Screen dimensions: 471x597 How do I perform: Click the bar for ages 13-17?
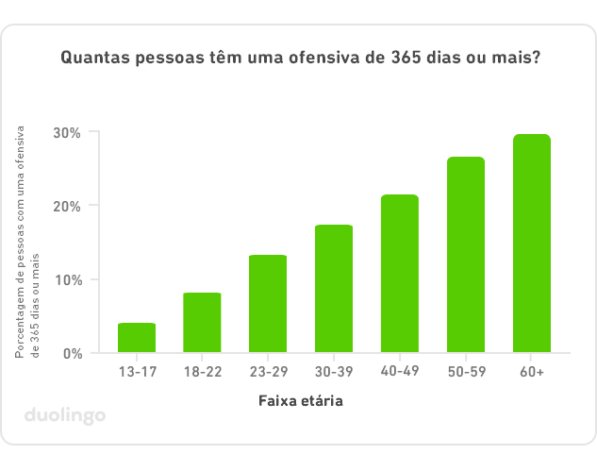pyautogui.click(x=137, y=338)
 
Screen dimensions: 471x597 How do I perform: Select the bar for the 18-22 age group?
pyautogui.click(x=202, y=323)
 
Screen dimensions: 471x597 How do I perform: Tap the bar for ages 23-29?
pyautogui.click(x=268, y=304)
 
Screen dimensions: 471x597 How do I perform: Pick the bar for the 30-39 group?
pyautogui.click(x=334, y=289)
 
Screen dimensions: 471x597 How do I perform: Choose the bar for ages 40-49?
pyautogui.click(x=400, y=274)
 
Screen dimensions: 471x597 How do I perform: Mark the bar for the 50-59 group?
pyautogui.click(x=466, y=255)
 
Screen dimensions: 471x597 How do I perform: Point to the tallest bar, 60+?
pyautogui.click(x=532, y=244)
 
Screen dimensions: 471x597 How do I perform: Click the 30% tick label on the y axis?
pyautogui.click(x=66, y=132)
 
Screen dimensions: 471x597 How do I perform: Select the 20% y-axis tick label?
pyautogui.click(x=66, y=206)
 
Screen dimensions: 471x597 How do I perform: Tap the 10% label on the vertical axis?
pyautogui.click(x=66, y=279)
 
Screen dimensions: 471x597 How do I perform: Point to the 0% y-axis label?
pyautogui.click(x=71, y=353)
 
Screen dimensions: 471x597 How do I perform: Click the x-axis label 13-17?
pyautogui.click(x=137, y=372)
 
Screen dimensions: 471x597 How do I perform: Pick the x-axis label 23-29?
pyautogui.click(x=268, y=372)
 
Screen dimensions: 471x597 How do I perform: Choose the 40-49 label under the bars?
pyautogui.click(x=400, y=372)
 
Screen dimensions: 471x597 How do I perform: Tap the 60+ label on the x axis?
pyautogui.click(x=532, y=372)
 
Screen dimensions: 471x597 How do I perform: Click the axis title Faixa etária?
pyautogui.click(x=300, y=401)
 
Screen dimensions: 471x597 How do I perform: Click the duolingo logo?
pyautogui.click(x=65, y=415)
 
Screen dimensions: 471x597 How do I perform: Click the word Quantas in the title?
pyautogui.click(x=93, y=58)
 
